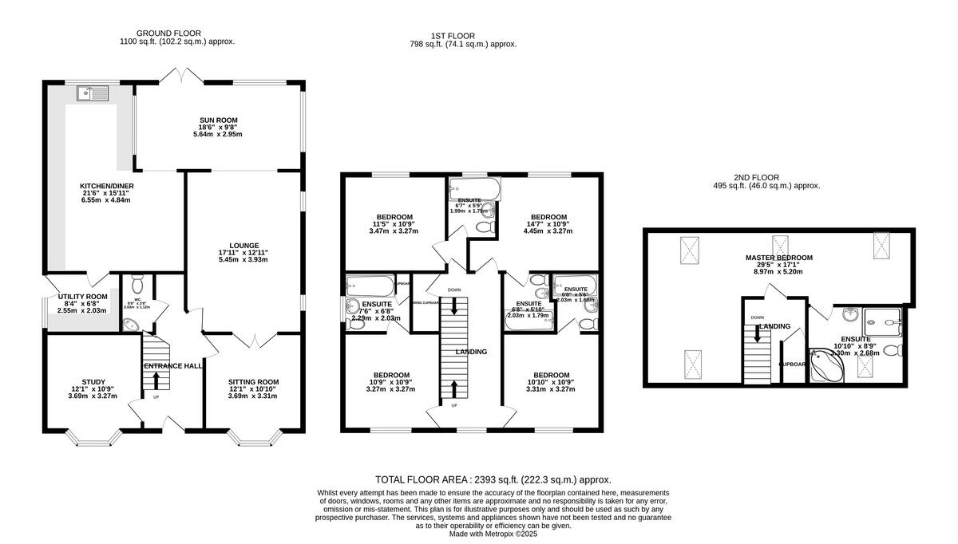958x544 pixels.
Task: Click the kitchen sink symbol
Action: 93,94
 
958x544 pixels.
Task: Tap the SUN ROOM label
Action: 219,120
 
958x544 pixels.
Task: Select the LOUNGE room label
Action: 243,245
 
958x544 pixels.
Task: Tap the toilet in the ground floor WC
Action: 137,284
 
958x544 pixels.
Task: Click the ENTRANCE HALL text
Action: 172,365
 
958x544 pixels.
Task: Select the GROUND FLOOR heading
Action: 177,33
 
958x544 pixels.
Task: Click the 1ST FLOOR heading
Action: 453,36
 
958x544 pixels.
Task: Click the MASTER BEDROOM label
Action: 778,258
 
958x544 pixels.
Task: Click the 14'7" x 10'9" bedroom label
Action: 549,217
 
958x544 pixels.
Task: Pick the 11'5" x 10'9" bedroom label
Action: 394,217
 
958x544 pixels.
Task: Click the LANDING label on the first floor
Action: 471,351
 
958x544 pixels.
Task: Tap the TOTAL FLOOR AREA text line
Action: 493,479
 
